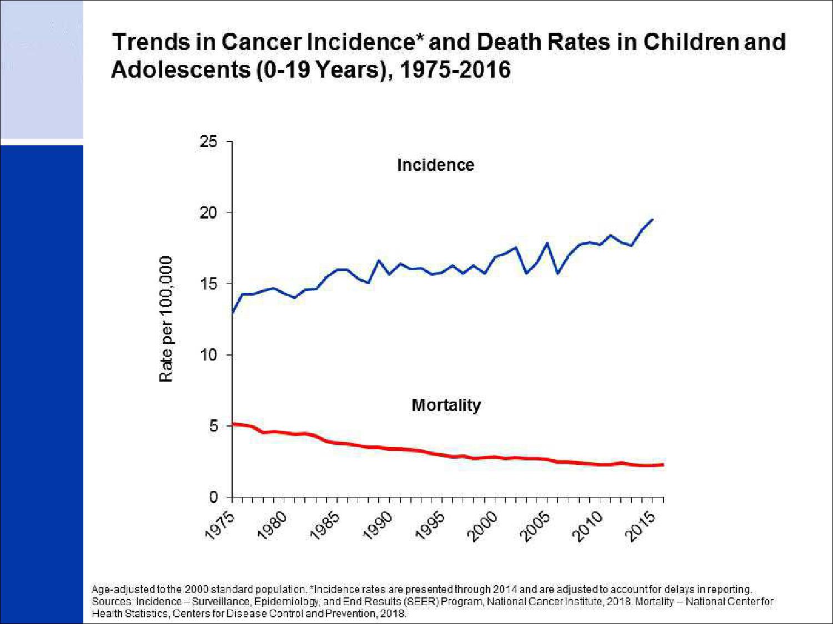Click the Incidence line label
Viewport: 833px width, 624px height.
point(435,165)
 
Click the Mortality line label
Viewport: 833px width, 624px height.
point(446,405)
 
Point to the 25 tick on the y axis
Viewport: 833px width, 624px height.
point(209,142)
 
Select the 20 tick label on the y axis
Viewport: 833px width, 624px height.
point(209,213)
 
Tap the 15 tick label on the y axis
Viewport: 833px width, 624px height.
point(209,284)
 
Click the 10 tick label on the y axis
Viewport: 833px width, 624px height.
point(209,355)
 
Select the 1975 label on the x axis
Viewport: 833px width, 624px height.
point(220,524)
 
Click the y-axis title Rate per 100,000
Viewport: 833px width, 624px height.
point(166,319)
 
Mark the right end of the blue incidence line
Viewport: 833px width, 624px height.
point(653,220)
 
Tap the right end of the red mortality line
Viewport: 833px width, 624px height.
point(663,465)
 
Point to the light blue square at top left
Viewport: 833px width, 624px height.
point(42,69)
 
